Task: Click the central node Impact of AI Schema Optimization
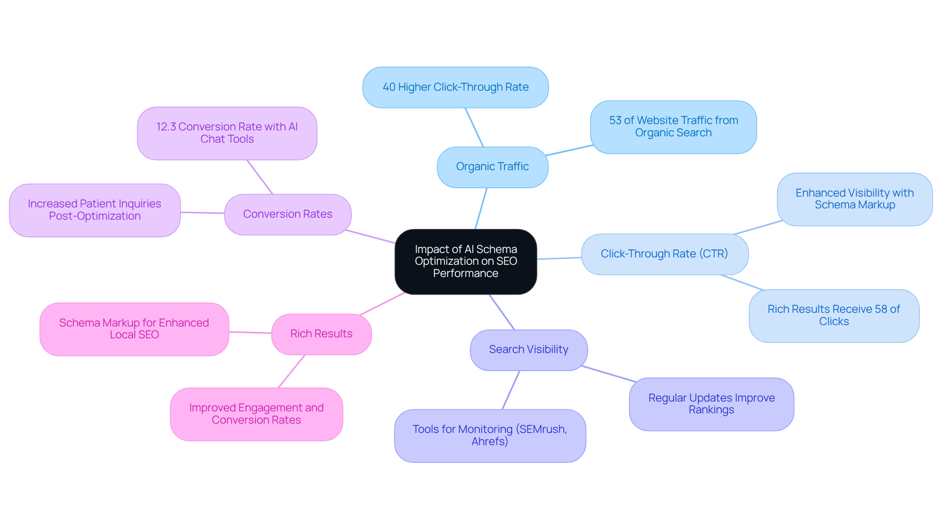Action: (x=466, y=261)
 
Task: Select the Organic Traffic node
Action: (x=492, y=167)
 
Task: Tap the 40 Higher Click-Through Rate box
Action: (x=455, y=87)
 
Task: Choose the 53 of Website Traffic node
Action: (x=673, y=126)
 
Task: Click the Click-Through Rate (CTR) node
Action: (x=664, y=254)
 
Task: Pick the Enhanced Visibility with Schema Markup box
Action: (x=854, y=199)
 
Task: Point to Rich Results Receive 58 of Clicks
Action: (x=834, y=315)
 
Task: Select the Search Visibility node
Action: (x=528, y=350)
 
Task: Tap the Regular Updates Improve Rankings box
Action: (x=711, y=404)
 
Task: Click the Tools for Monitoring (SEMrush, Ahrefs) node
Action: (x=490, y=435)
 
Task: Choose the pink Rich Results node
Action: (x=321, y=334)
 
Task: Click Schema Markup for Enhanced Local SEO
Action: (x=134, y=329)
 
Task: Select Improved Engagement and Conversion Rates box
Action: (x=256, y=414)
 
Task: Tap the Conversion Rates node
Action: (x=288, y=214)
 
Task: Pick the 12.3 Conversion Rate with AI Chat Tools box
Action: (x=227, y=133)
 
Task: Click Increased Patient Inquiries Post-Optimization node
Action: (x=95, y=210)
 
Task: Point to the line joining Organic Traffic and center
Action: (x=481, y=208)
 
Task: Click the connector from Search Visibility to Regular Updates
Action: (x=608, y=374)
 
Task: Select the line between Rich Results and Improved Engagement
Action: (x=291, y=371)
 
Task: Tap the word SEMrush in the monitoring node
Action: (x=541, y=430)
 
